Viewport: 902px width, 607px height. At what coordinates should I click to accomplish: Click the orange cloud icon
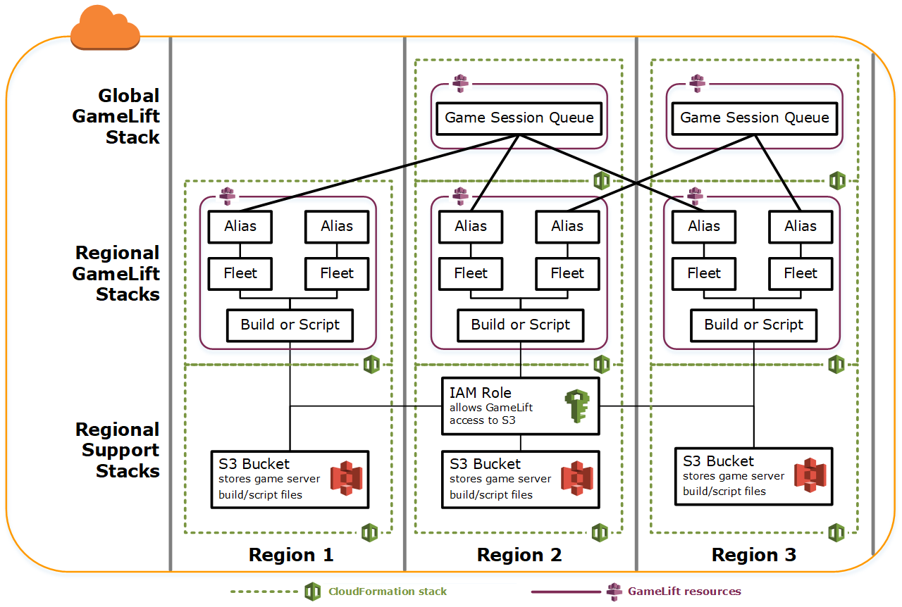[x=105, y=28]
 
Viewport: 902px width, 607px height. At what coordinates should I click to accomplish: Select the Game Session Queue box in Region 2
[x=519, y=118]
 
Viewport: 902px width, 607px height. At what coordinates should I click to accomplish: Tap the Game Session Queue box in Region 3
[x=755, y=118]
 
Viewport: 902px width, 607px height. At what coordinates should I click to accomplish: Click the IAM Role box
[x=520, y=406]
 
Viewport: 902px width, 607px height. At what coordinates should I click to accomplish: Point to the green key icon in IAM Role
[x=577, y=406]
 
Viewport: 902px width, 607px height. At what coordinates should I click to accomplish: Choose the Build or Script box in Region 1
[x=290, y=325]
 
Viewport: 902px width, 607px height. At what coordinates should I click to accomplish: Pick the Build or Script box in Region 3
[x=753, y=325]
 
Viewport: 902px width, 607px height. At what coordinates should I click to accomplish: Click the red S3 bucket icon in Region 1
[x=346, y=479]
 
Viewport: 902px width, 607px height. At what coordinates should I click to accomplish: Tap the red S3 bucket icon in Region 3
[x=810, y=476]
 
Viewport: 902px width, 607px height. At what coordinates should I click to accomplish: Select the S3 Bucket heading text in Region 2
[x=486, y=464]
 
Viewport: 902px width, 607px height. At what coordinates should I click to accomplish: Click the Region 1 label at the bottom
[x=291, y=555]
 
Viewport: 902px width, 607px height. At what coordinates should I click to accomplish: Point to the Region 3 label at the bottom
[x=754, y=555]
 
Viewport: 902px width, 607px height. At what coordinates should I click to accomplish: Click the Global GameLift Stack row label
[x=116, y=116]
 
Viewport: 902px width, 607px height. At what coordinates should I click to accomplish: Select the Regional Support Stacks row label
[x=118, y=450]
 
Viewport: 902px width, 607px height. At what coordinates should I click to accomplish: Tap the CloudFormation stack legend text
[x=388, y=592]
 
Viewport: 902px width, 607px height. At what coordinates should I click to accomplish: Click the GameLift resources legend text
[x=684, y=592]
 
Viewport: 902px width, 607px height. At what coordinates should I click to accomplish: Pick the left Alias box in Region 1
[x=240, y=226]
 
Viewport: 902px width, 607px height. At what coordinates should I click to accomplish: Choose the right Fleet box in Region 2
[x=567, y=273]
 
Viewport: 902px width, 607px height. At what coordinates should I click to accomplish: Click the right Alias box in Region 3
[x=801, y=226]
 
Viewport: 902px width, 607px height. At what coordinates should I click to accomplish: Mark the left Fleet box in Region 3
[x=704, y=273]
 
